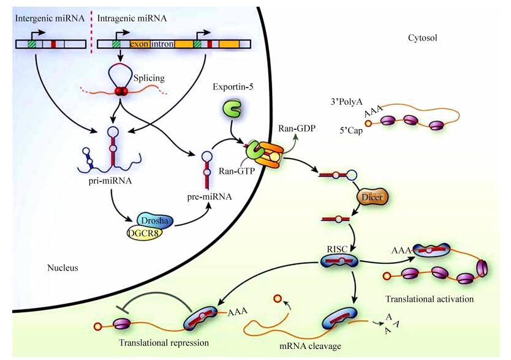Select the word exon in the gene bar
pyautogui.click(x=140, y=44)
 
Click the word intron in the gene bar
pyautogui.click(x=162, y=44)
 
